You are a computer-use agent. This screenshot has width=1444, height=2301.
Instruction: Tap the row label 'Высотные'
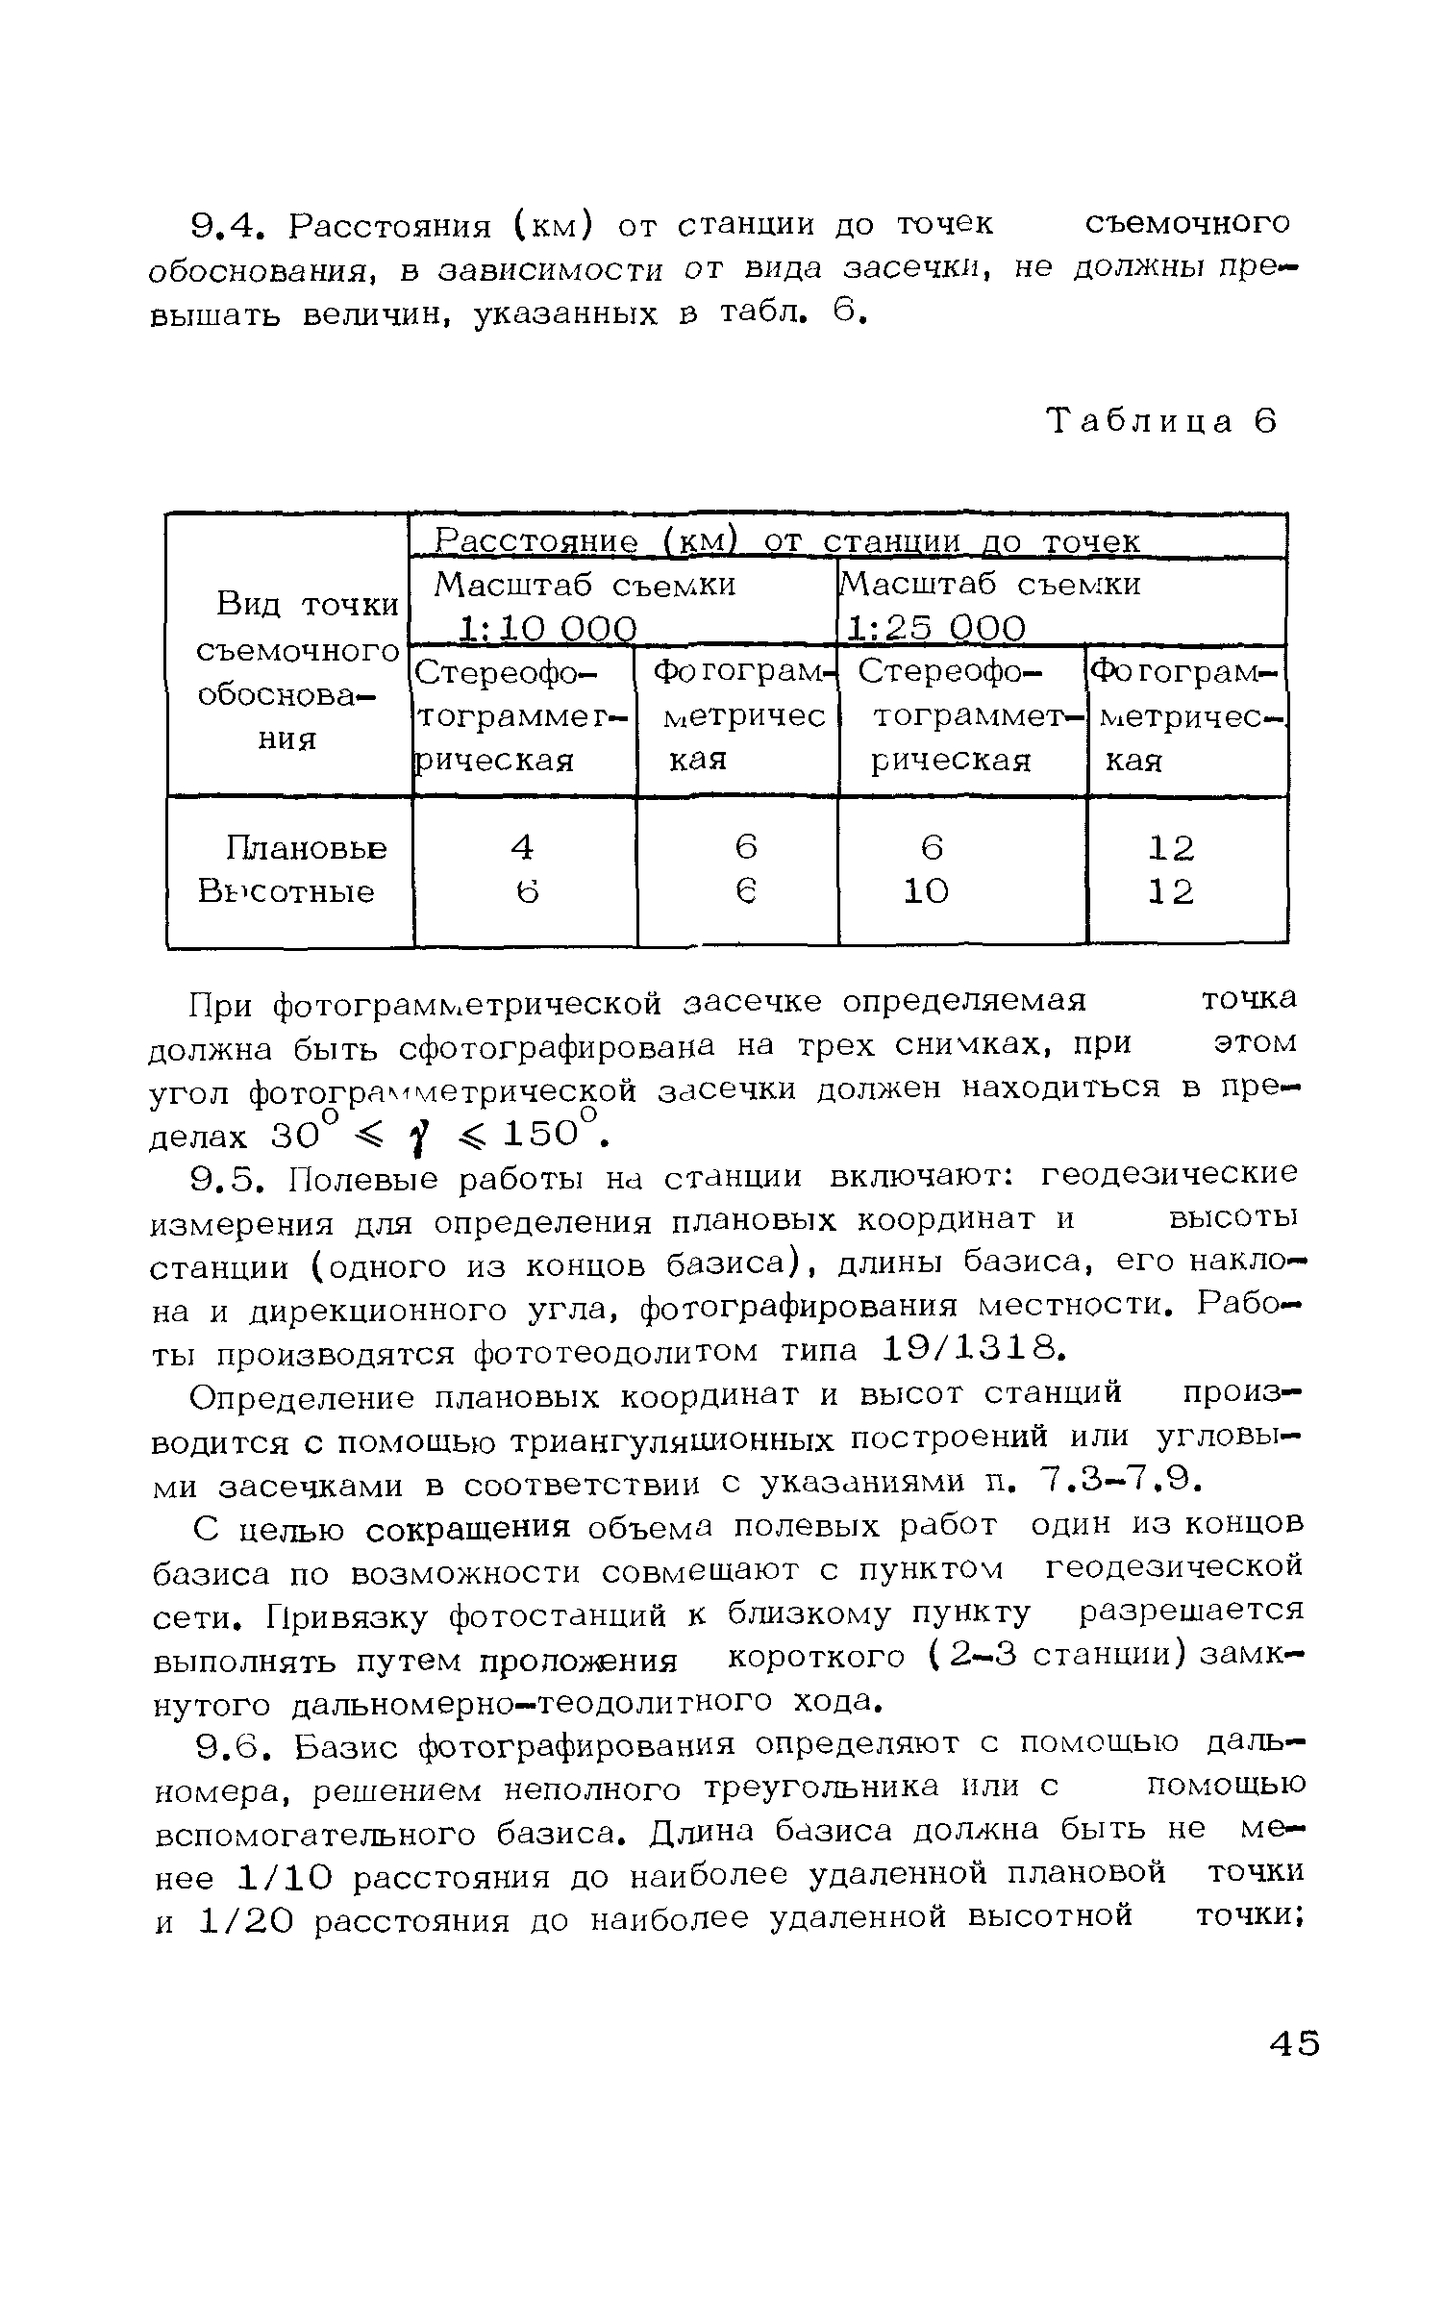coord(286,891)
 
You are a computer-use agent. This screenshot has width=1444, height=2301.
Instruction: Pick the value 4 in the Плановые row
coord(522,847)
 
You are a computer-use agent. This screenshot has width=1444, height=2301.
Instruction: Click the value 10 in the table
coord(925,892)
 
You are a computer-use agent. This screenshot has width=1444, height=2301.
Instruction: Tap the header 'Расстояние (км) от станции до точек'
coord(786,540)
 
